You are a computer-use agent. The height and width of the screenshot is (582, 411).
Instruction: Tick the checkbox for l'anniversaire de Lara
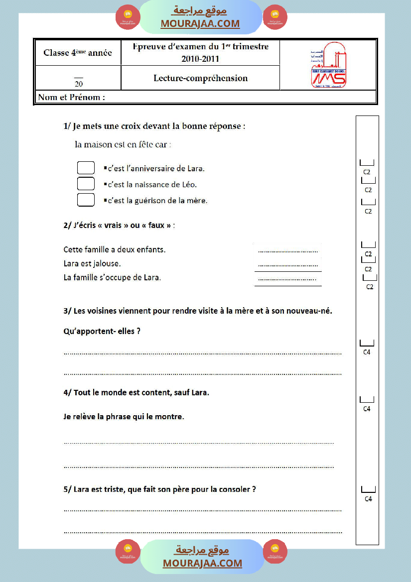[x=86, y=168]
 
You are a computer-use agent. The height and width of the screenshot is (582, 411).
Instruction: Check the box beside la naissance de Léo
[x=86, y=184]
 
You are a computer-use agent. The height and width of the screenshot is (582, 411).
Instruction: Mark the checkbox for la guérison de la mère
[x=86, y=200]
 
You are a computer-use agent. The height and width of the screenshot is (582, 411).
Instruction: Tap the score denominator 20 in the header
[x=79, y=84]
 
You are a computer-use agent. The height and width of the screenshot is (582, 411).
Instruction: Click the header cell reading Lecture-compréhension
[x=200, y=78]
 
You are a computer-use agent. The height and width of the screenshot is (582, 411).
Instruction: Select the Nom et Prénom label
[x=72, y=98]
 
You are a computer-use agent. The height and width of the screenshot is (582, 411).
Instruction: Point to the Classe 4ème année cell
[x=78, y=53]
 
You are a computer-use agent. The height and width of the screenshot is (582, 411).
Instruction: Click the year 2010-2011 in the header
[x=200, y=59]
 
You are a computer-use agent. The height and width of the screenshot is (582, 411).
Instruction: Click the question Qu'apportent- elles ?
[x=102, y=331]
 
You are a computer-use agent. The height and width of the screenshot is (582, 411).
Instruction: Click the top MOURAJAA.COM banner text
[x=200, y=23]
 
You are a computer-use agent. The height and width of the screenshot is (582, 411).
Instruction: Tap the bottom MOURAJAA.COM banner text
[x=202, y=563]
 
